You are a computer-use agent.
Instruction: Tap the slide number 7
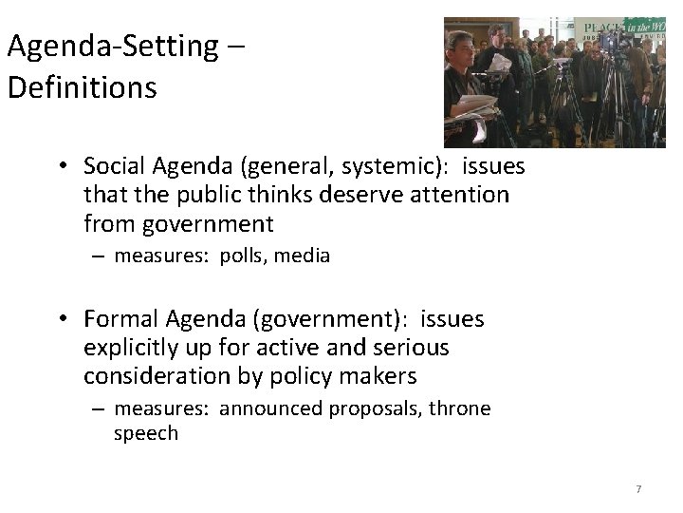coord(638,488)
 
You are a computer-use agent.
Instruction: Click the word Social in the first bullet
coord(112,166)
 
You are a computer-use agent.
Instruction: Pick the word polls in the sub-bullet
coord(245,256)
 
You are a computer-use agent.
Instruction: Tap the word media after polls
coord(304,256)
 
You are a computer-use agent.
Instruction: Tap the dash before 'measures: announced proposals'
coord(99,409)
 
